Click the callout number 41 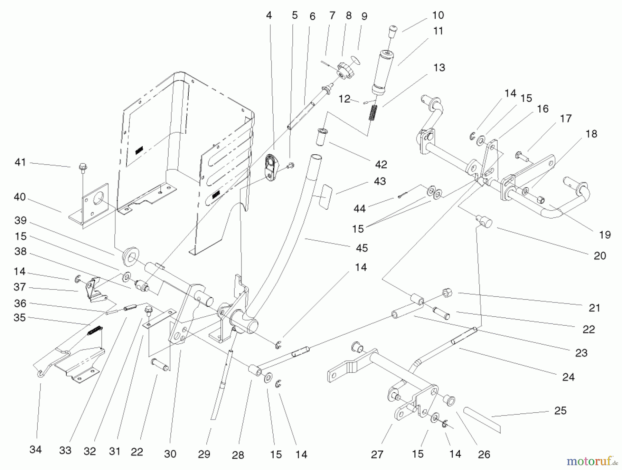pos(20,162)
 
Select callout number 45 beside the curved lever pos(362,248)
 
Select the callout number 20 pos(600,256)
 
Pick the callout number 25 pos(560,411)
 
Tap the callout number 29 pos(204,454)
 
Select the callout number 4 pos(269,15)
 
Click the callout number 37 pos(20,287)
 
